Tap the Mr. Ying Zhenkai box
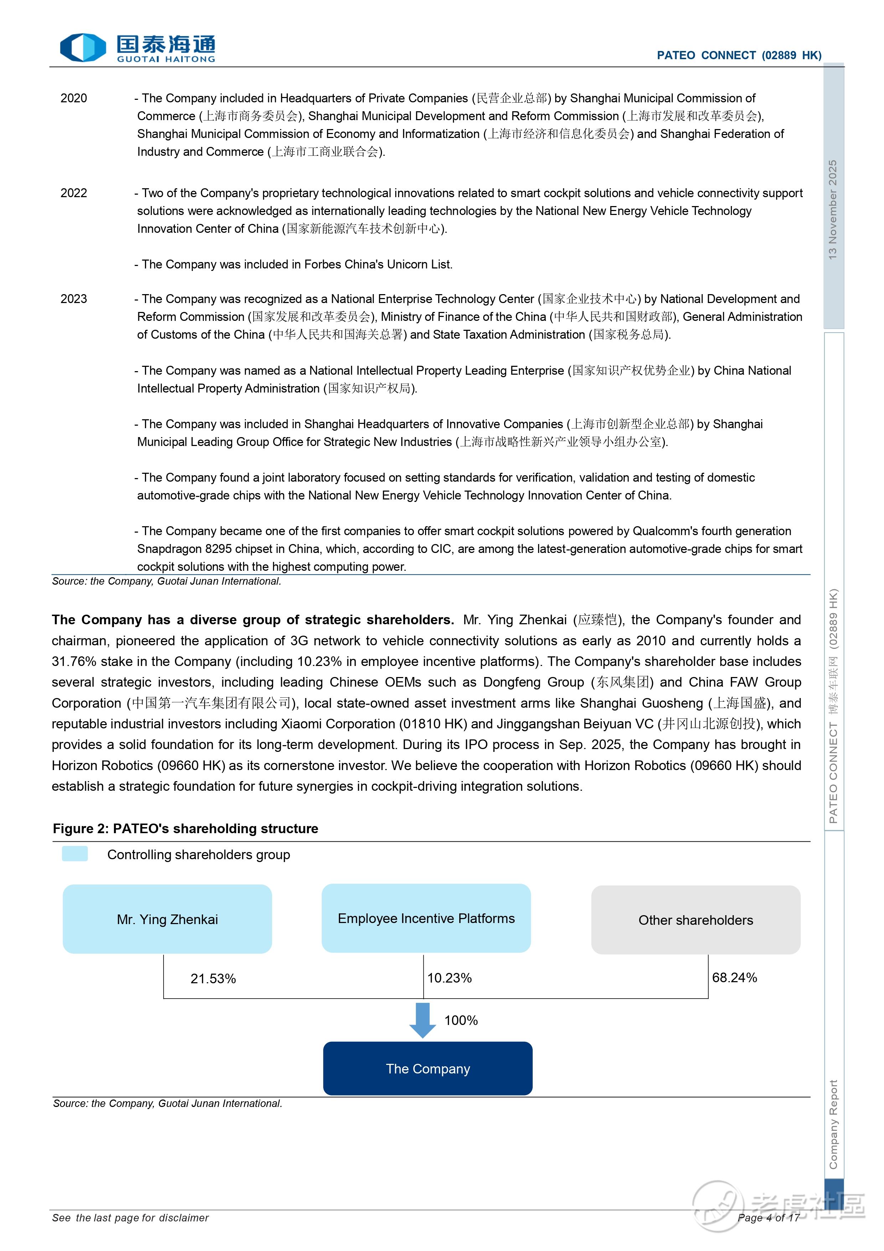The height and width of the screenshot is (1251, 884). [167, 919]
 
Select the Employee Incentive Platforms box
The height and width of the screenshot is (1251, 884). [426, 918]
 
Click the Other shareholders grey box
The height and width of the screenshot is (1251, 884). [696, 920]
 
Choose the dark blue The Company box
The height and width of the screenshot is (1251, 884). [428, 1068]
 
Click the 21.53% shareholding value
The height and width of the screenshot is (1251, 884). [213, 979]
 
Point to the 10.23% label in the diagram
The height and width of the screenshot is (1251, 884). [449, 978]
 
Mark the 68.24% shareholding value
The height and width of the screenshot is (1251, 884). [734, 978]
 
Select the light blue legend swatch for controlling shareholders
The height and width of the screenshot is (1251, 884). [74, 854]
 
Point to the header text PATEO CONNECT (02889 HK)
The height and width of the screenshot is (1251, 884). [739, 55]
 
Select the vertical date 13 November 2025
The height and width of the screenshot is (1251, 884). [833, 209]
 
